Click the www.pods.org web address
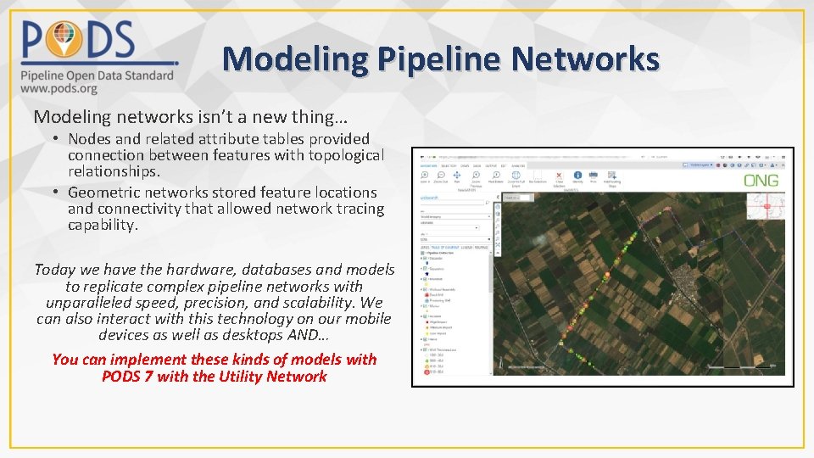[x=59, y=88]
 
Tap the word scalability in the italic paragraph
[x=339, y=303]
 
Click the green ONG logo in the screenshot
[x=761, y=181]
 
